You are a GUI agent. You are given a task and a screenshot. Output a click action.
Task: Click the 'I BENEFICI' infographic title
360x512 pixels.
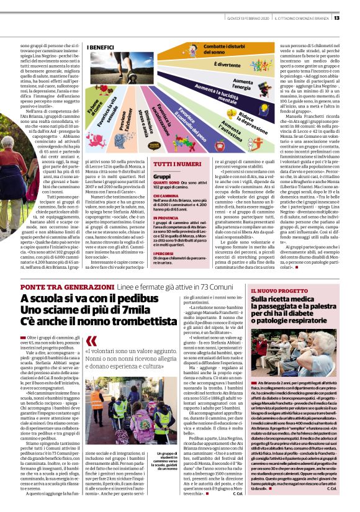tap(101, 47)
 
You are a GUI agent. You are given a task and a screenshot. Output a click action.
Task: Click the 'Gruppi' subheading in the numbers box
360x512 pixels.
tap(145, 176)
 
